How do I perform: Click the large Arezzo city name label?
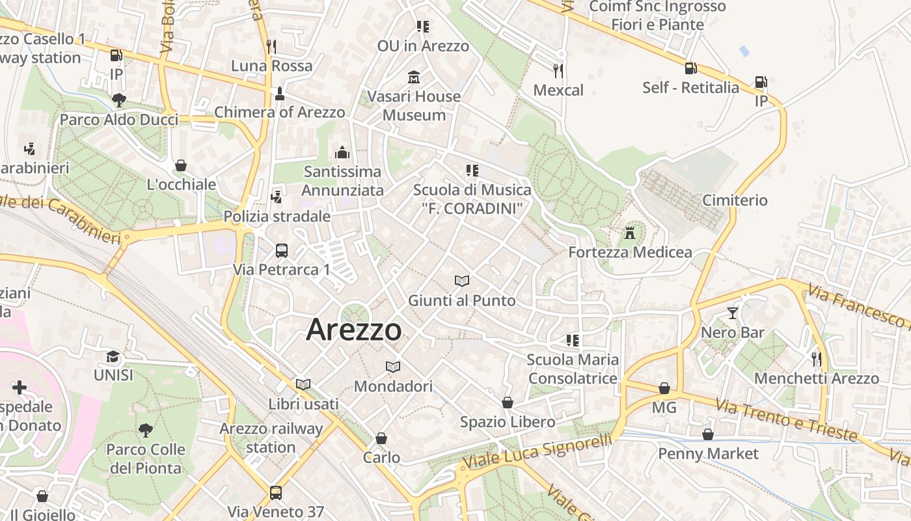tap(354, 330)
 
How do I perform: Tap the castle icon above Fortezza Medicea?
tap(629, 232)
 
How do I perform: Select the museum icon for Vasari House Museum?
tap(413, 77)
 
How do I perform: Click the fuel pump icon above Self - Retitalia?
tap(690, 68)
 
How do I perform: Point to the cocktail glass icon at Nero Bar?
tap(733, 313)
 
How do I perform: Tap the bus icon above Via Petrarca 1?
tap(282, 250)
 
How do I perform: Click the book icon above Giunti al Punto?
tap(462, 281)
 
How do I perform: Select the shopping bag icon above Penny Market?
tap(708, 434)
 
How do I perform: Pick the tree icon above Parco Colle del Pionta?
tap(145, 430)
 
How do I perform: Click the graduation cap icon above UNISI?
tap(113, 356)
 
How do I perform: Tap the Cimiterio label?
tap(735, 200)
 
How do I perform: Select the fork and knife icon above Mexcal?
tap(558, 70)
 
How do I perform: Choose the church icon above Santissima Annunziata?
tap(342, 152)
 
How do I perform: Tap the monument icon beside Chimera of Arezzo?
tap(280, 93)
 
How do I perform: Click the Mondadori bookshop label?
tap(393, 386)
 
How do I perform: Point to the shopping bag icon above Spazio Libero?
tap(508, 402)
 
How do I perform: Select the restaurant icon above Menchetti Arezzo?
tap(816, 359)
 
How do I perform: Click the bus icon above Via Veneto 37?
tap(276, 492)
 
